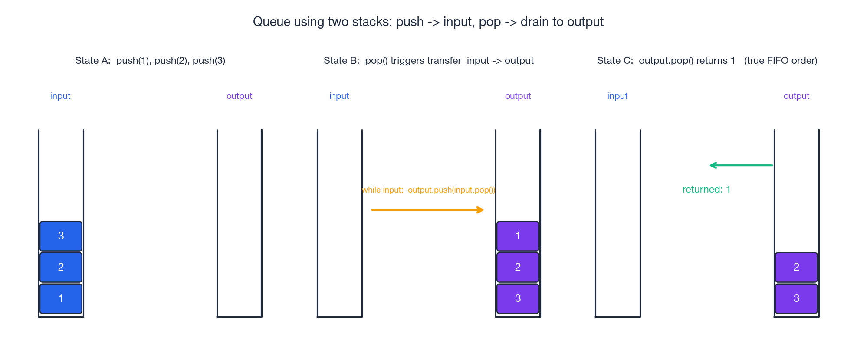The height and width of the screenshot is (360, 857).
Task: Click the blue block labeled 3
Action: pos(61,236)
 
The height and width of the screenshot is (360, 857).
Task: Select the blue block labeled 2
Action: pos(61,267)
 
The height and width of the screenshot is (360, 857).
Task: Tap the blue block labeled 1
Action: pos(61,298)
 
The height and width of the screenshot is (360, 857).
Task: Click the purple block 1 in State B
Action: pos(518,236)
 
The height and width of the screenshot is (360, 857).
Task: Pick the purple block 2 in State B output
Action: pos(518,267)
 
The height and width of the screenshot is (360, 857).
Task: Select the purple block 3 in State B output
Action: pos(518,298)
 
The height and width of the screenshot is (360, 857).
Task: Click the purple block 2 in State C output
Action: pos(796,267)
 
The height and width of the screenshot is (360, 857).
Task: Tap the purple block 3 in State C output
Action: pos(796,298)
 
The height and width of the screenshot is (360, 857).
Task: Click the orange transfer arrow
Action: pos(427,210)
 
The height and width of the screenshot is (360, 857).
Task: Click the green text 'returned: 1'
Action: pos(706,190)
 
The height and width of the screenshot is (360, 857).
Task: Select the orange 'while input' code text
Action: pos(428,190)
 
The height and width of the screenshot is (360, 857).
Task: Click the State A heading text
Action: pos(150,61)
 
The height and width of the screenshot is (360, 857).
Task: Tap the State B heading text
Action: pos(428,61)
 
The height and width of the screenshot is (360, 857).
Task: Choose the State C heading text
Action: pos(707,61)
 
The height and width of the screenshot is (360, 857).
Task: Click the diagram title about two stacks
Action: pos(428,22)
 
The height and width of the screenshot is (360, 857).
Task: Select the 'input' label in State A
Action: pos(60,96)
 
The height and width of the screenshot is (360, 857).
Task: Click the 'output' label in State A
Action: pos(239,96)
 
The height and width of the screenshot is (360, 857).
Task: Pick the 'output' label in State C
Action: pos(796,96)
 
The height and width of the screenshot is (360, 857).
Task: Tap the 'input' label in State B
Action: pos(339,96)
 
